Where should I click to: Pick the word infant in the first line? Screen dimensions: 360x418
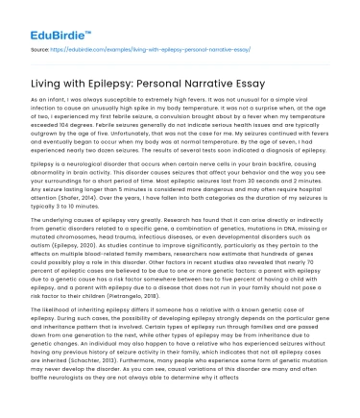pyautogui.click(x=57, y=101)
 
